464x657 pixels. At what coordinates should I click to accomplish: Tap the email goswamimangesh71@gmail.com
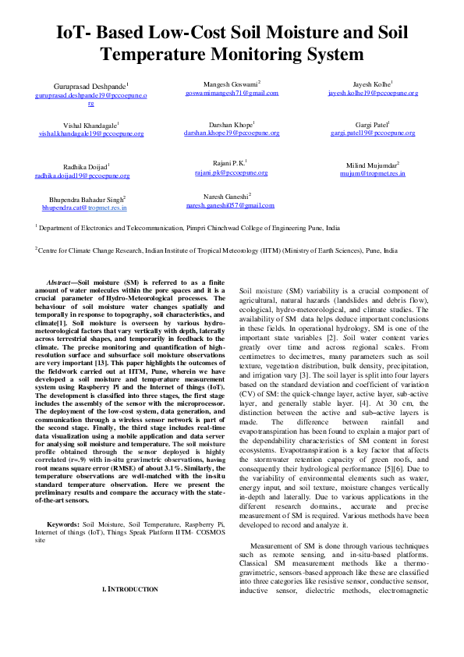231,92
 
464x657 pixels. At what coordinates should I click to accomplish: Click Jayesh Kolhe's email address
373,92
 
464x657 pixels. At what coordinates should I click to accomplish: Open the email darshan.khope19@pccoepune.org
231,133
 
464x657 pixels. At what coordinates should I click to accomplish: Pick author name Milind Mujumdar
372,165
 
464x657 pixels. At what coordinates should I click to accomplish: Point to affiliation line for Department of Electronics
187,228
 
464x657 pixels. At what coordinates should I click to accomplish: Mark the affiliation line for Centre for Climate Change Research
216,251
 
